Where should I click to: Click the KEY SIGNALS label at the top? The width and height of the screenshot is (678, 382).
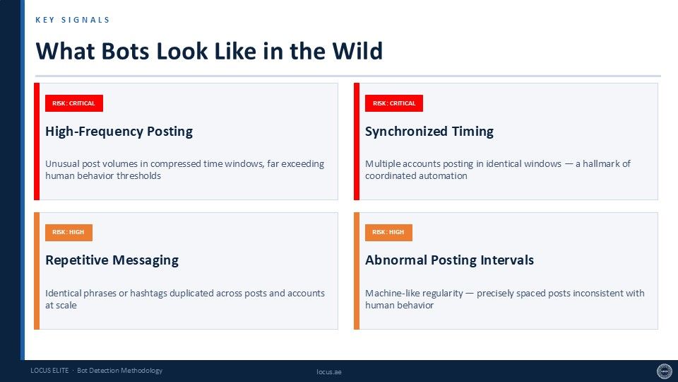coord(73,20)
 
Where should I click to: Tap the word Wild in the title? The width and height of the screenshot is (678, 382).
coord(357,51)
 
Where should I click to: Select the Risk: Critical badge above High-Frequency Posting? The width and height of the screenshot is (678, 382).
coord(74,103)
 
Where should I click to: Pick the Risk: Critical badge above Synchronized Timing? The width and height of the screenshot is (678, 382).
coord(394,103)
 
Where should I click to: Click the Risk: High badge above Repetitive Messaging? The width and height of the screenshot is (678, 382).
coord(69,232)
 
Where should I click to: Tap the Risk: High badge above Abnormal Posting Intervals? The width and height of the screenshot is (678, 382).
coord(388,232)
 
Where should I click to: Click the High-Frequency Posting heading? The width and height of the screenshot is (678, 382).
coord(119,132)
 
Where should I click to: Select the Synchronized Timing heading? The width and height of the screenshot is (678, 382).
coord(429,132)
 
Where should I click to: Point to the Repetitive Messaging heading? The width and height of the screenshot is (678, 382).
coord(112,260)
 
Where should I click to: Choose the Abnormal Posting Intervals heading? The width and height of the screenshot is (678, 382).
coord(450,260)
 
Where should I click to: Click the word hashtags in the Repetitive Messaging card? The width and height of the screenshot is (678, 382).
coord(148,293)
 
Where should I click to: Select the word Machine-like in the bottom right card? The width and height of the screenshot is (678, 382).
coord(392,293)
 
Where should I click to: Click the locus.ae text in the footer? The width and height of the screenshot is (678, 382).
coord(329,371)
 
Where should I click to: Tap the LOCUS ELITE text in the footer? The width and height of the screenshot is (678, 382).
coord(49,370)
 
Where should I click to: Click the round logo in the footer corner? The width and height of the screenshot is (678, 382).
coord(665,371)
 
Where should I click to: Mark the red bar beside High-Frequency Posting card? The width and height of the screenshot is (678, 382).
coord(37,141)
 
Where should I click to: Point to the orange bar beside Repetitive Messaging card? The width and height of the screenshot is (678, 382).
coord(37,271)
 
